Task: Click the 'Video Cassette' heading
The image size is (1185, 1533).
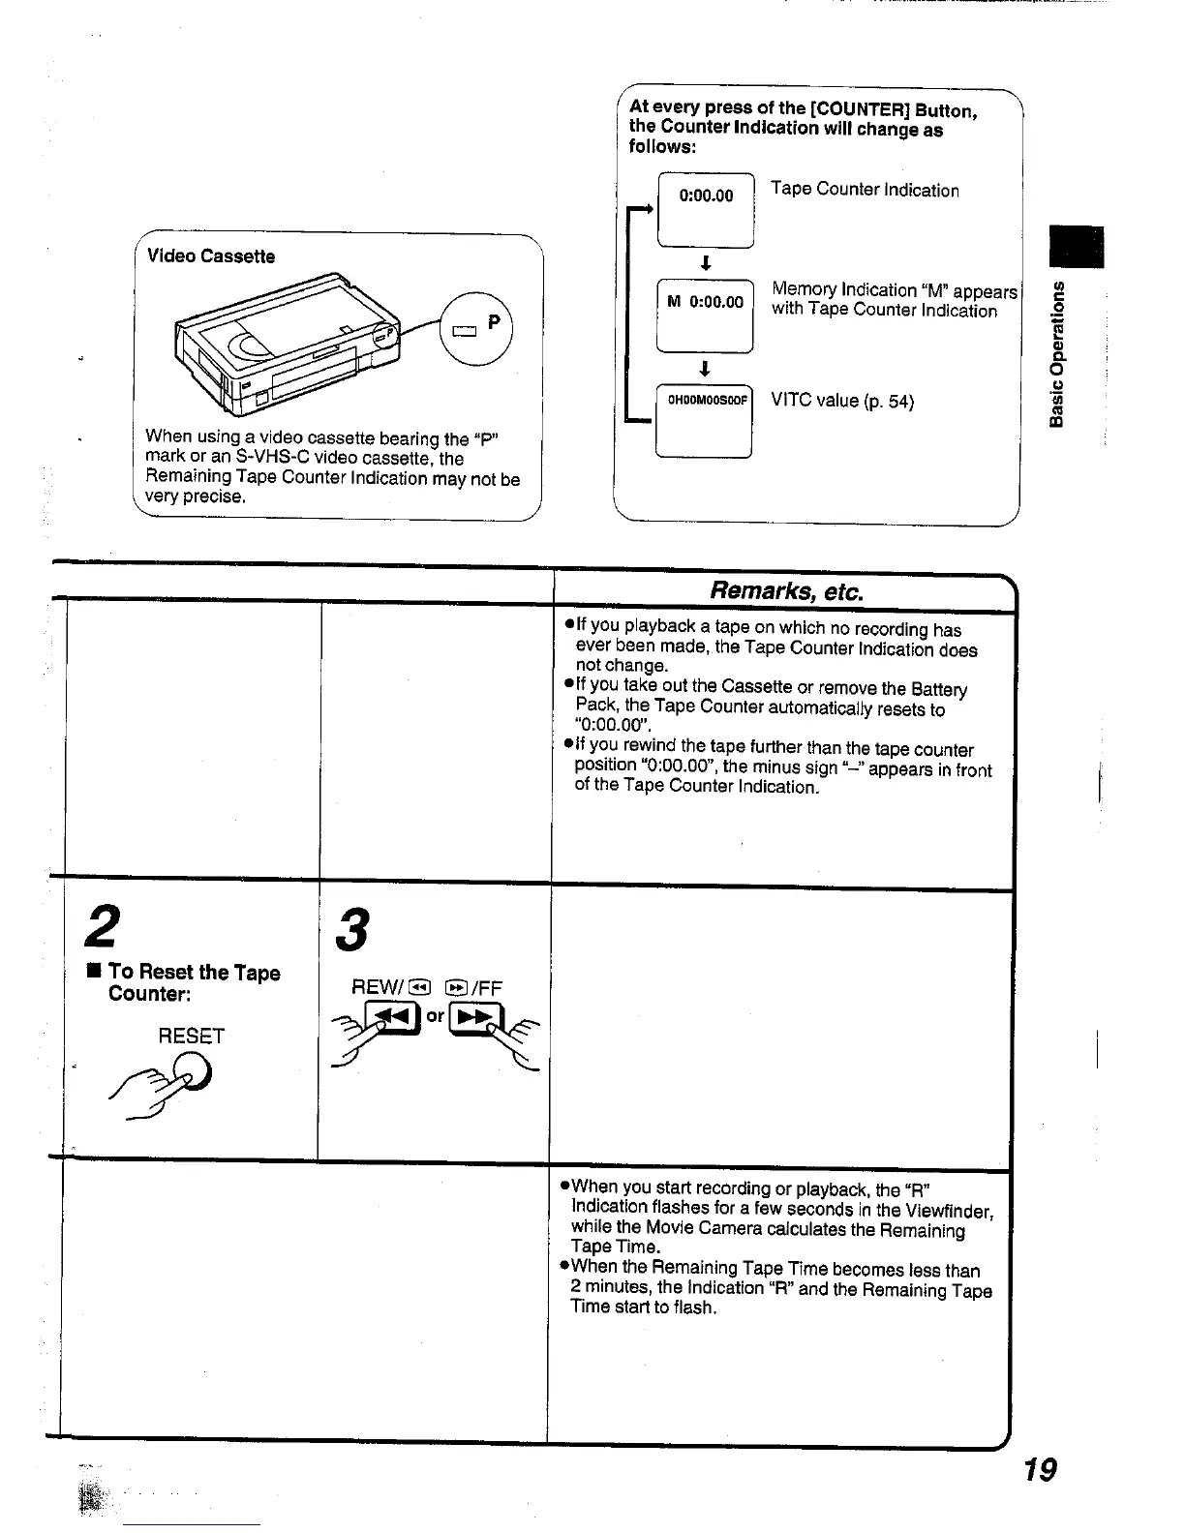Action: pos(210,256)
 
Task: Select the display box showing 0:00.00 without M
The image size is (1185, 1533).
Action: pos(706,207)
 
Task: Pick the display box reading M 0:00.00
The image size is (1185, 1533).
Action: pos(705,314)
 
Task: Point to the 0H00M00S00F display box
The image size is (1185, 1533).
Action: pos(705,419)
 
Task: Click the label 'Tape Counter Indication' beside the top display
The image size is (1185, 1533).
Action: pos(865,190)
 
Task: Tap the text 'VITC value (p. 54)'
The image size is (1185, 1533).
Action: pos(842,401)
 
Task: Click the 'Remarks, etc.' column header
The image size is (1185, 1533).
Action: pos(785,590)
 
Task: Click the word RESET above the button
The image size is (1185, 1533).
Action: pos(191,1037)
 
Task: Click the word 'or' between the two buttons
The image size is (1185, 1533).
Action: pos(436,1015)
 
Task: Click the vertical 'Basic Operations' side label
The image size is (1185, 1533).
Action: pos(1061,353)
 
